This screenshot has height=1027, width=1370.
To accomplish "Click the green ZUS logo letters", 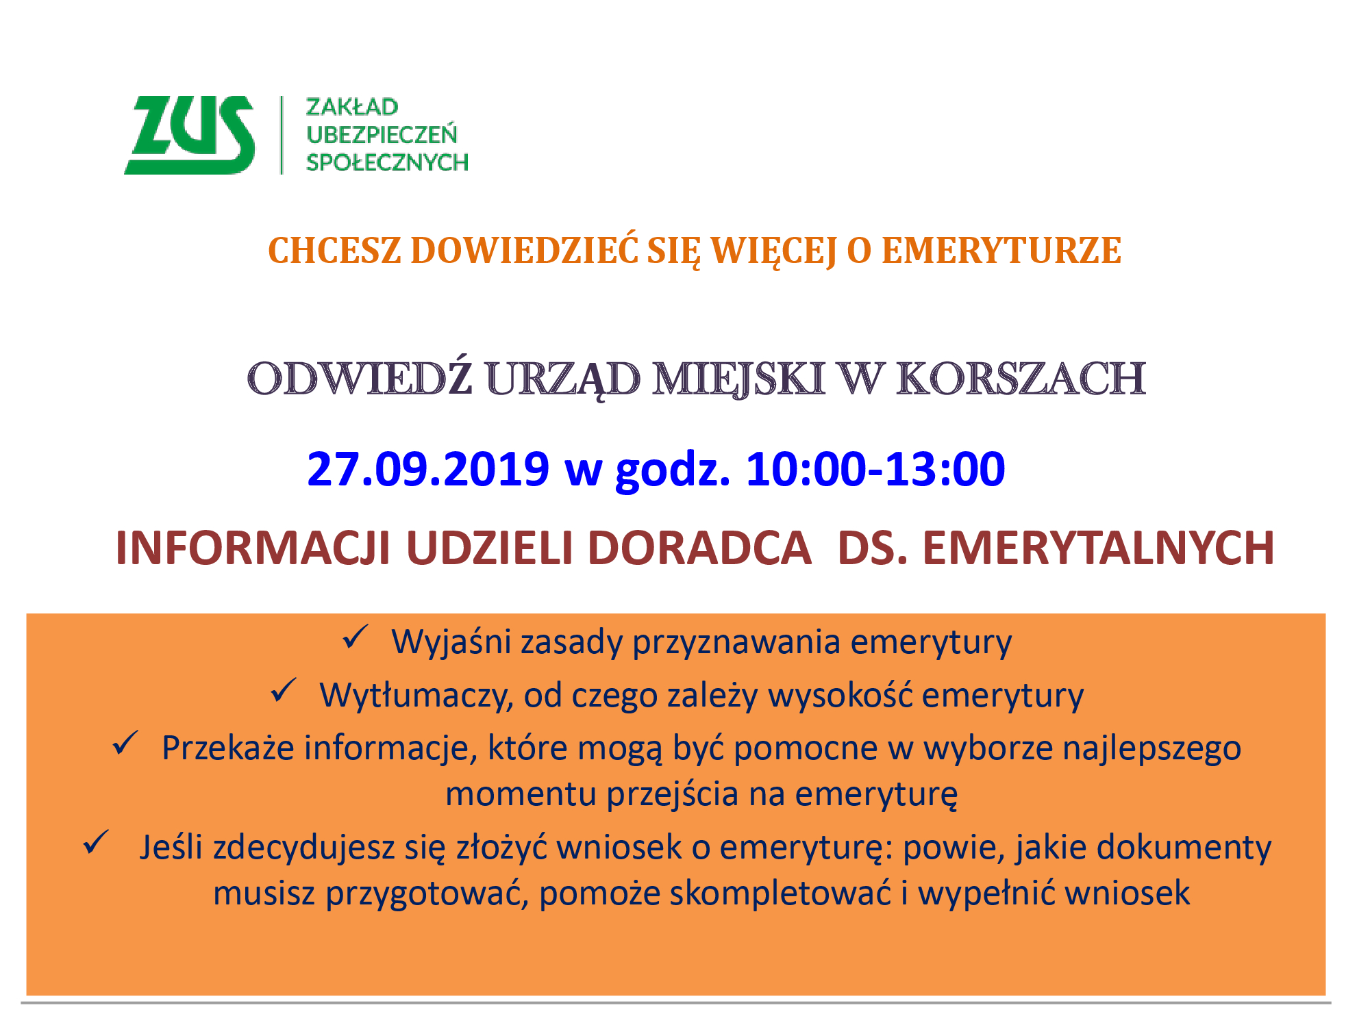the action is click(x=190, y=135).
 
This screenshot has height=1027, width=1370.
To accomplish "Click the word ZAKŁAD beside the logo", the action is click(x=351, y=107).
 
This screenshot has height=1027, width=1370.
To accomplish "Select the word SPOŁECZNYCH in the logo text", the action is click(x=387, y=162).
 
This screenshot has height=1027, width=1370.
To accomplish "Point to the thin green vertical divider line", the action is click(x=282, y=135).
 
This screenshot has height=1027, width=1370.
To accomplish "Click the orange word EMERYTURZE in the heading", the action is click(x=1001, y=251).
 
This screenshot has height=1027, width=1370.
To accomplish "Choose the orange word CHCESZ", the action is click(x=334, y=251).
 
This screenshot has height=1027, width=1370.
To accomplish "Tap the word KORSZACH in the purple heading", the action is click(x=1021, y=378).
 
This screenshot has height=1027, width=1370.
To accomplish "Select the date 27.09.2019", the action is click(x=428, y=470).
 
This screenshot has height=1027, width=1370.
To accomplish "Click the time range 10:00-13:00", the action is click(x=875, y=470).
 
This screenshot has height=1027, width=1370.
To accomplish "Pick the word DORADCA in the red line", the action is click(x=699, y=548).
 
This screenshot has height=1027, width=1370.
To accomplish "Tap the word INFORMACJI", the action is click(x=253, y=548).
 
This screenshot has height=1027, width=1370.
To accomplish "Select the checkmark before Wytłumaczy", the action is click(x=284, y=690).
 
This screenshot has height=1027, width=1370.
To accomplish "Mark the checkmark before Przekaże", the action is click(x=125, y=743).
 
